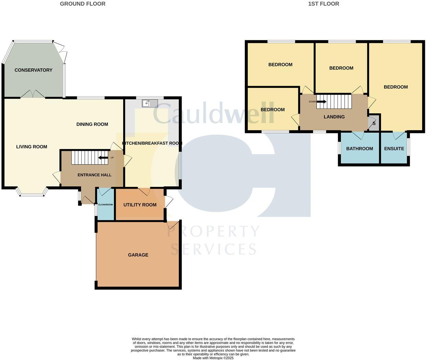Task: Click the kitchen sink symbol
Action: tap(150, 103)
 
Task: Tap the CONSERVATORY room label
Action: tap(33, 70)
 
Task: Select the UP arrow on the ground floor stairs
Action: tap(103, 158)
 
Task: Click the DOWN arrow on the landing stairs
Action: tap(321, 102)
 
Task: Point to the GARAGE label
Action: tap(138, 255)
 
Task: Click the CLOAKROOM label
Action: tap(105, 205)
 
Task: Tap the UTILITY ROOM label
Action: tap(140, 205)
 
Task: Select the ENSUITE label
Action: tap(394, 149)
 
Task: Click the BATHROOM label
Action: tap(359, 149)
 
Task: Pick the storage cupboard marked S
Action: tap(374, 124)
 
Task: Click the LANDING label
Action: tap(334, 117)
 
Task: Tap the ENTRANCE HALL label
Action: tap(94, 175)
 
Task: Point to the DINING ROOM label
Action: tap(92, 124)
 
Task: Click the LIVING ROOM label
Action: tap(32, 147)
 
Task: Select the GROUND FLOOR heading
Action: tap(83, 4)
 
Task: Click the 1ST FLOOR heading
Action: tap(323, 4)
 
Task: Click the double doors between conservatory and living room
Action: tap(33, 94)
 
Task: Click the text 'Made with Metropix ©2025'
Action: tap(213, 358)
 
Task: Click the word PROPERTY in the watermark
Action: tap(213, 232)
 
